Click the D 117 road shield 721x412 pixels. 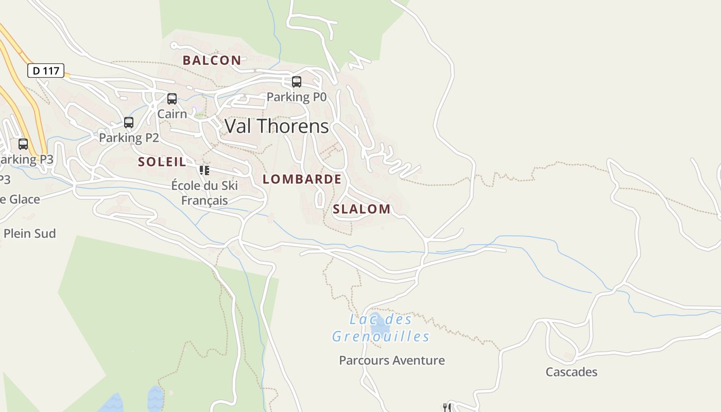tap(46, 71)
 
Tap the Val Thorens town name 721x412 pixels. tap(277, 126)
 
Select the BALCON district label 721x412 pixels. tap(212, 60)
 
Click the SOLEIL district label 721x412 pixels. tap(162, 162)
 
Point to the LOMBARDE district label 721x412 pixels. tap(302, 179)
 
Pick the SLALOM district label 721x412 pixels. tap(362, 209)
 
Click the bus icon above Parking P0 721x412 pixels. tap(297, 81)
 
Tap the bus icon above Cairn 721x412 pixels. tap(172, 98)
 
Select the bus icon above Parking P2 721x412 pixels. tap(129, 123)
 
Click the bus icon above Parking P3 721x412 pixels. tap(23, 144)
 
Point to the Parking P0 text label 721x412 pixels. tap(297, 97)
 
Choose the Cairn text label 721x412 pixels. tap(172, 114)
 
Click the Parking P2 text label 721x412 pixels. tap(129, 138)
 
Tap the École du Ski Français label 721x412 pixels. tap(204, 193)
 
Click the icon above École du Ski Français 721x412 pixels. tap(204, 170)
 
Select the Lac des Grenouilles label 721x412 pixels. tap(381, 328)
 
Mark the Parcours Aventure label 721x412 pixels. tap(392, 360)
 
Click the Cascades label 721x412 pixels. tap(572, 372)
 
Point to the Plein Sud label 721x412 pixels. tap(29, 233)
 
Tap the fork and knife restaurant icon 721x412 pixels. tap(447, 407)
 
